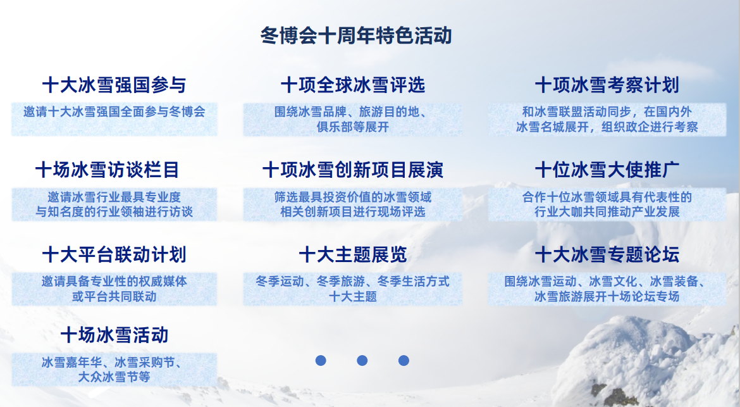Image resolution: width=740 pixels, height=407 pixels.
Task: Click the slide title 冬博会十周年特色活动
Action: [x=356, y=35]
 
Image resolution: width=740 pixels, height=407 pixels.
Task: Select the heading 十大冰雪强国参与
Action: [x=114, y=85]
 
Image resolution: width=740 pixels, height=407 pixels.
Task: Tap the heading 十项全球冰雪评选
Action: [x=352, y=85]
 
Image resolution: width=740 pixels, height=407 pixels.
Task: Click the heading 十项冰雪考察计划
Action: [x=607, y=85]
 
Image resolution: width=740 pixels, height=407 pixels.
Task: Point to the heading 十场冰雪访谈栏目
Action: [x=108, y=170]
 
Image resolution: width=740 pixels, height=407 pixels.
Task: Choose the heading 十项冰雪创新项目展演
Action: [x=352, y=170]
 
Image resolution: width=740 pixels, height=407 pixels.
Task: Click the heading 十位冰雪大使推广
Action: [x=607, y=170]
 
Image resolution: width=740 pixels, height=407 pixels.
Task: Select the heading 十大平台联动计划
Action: [x=114, y=254]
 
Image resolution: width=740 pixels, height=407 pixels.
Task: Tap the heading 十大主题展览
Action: [x=352, y=254]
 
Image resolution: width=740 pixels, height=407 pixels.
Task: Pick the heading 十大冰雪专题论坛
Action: [x=607, y=254]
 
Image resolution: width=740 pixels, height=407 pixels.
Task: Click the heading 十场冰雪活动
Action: [x=114, y=334]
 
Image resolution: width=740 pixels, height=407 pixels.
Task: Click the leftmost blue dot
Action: [x=321, y=360]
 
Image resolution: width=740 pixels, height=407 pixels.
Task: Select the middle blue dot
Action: [x=362, y=360]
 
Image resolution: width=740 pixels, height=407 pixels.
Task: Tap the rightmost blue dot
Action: [x=404, y=360]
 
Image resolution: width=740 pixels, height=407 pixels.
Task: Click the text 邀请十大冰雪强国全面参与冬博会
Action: [x=114, y=112]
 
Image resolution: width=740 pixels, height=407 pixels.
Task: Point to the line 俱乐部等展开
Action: [x=352, y=127]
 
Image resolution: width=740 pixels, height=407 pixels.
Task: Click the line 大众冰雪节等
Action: [x=114, y=377]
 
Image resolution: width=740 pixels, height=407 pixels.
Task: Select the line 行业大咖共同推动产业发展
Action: [x=607, y=211]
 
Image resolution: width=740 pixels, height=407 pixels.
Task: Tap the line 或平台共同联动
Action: [x=114, y=296]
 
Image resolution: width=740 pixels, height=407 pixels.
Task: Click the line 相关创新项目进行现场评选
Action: [x=352, y=211]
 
